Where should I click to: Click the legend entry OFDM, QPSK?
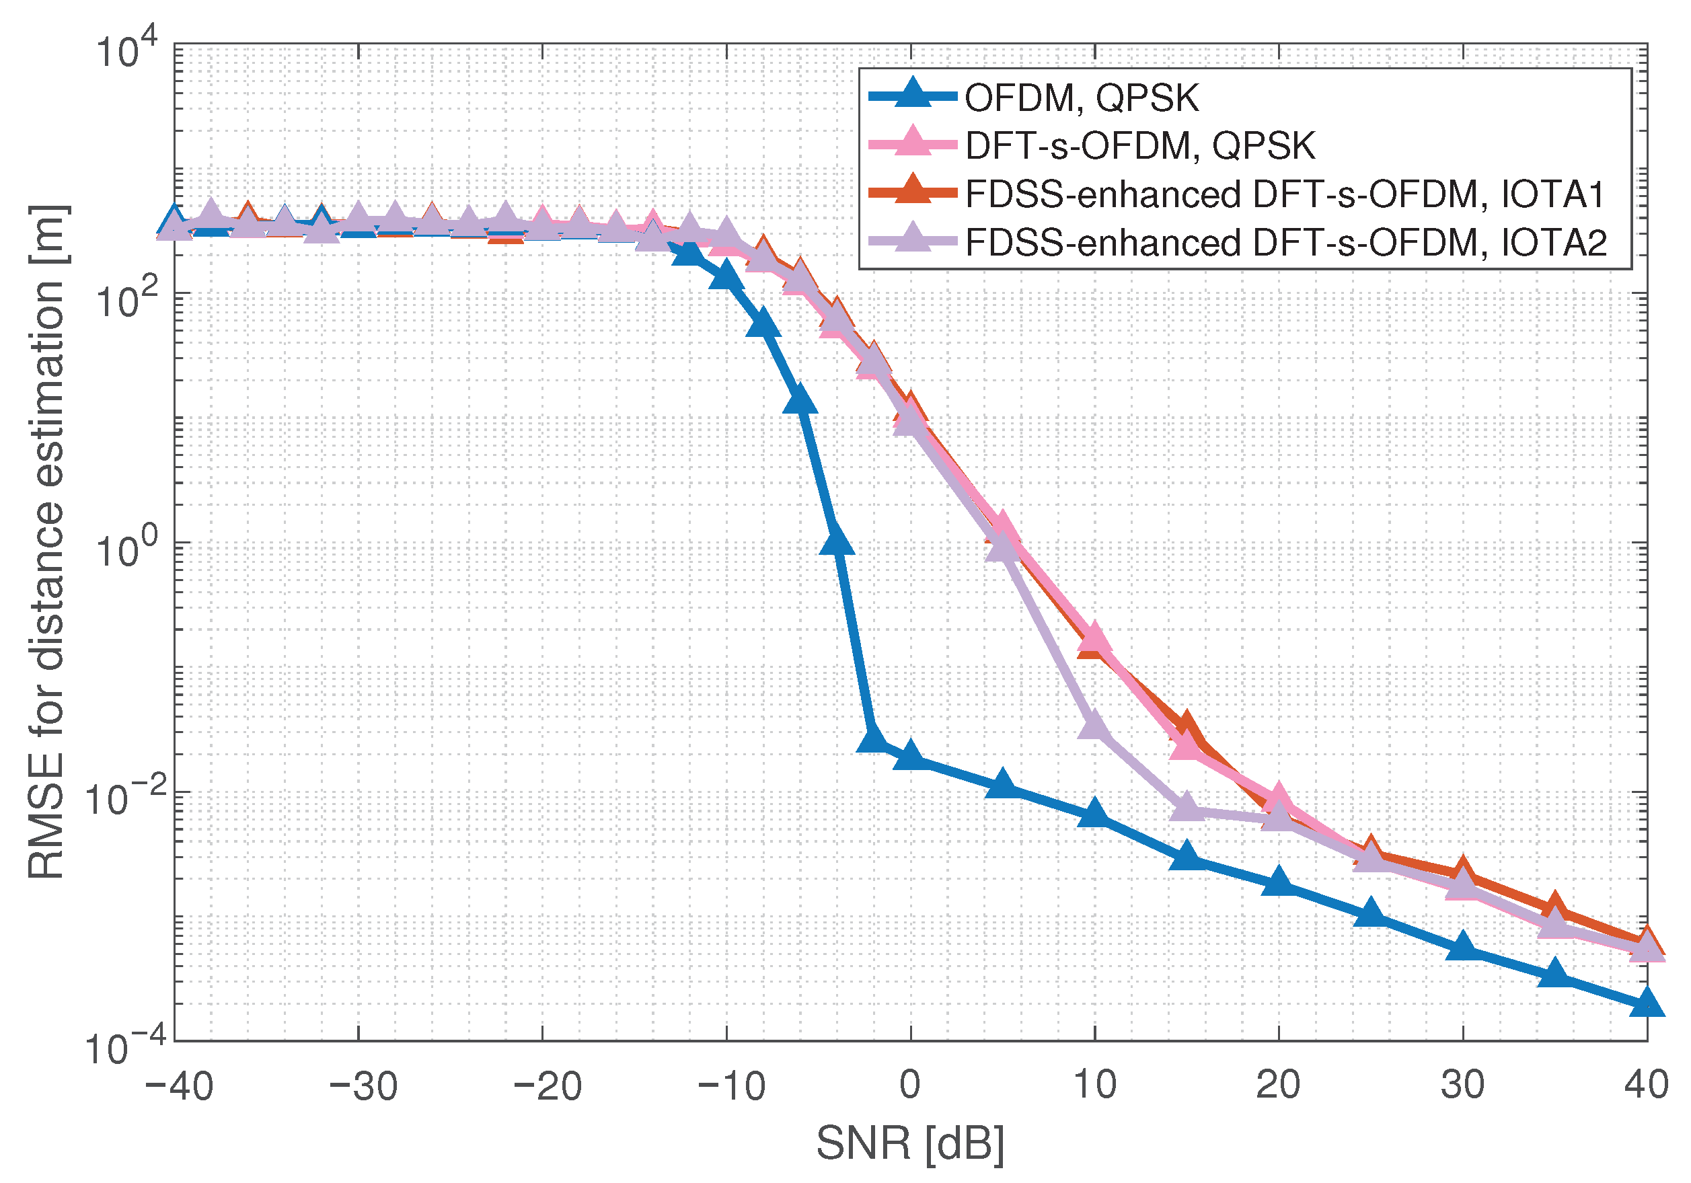[1081, 98]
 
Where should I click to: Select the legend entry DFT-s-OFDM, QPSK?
[1139, 146]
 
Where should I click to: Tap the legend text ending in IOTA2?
[1286, 242]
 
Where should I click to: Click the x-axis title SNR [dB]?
[910, 1144]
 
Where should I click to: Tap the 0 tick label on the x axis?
[910, 1084]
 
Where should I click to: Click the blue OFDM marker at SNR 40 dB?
[1647, 1004]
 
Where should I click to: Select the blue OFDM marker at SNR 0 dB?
[911, 755]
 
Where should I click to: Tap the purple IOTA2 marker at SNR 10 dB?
[1095, 725]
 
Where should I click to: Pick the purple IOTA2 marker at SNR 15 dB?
[1187, 806]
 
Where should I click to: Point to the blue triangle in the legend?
[913, 94]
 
